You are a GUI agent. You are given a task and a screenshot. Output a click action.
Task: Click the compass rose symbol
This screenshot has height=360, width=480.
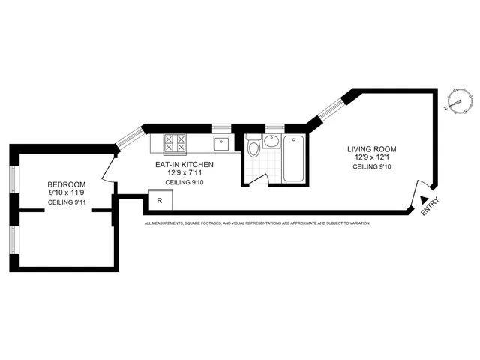(455, 100)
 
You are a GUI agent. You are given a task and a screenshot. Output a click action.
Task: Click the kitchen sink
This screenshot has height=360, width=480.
(223, 143)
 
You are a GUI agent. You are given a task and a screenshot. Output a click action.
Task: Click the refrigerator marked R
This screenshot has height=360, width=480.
(160, 201)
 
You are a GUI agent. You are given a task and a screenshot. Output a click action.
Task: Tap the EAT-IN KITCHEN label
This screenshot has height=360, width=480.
(180, 164)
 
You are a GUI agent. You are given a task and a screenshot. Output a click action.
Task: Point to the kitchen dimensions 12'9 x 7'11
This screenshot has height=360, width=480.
(180, 173)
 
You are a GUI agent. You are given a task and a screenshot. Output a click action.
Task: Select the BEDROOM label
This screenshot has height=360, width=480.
(67, 184)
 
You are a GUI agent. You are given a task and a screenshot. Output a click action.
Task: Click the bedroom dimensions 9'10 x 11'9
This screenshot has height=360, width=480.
(67, 193)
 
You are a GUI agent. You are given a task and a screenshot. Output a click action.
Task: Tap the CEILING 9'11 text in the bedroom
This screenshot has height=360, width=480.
(67, 203)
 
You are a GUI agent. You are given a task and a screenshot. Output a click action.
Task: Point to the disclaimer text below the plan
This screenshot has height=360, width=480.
(256, 223)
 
